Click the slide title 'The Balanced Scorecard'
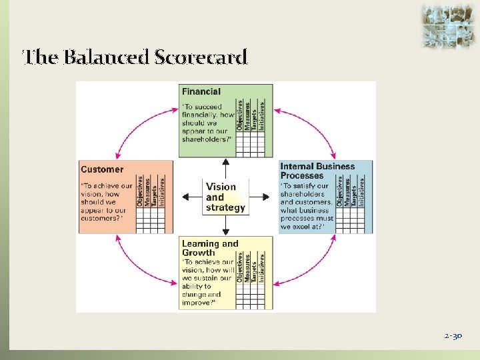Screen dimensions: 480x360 tap(135, 57)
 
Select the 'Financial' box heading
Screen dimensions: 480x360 tap(201, 91)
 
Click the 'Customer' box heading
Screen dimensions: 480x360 tap(102, 169)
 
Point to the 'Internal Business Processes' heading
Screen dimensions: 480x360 tap(317, 171)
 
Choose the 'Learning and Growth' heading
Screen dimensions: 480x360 tap(209, 248)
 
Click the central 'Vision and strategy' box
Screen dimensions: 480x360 tap(225, 197)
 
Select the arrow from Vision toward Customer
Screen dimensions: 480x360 tap(191, 197)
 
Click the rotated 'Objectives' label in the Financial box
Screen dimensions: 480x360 tap(240, 115)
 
